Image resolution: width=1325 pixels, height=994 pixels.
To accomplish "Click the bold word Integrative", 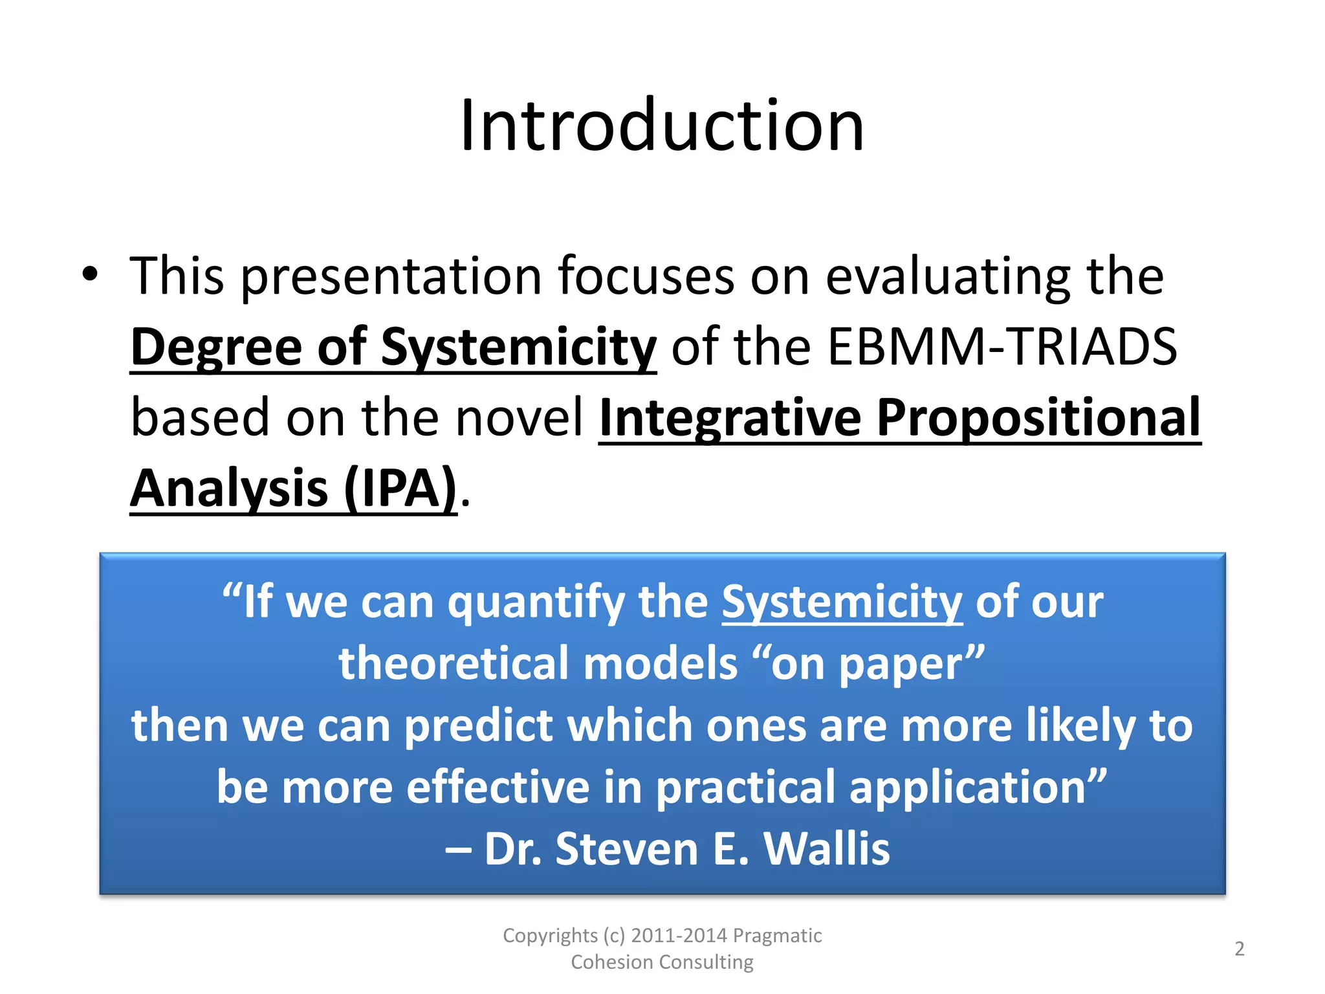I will (x=729, y=419).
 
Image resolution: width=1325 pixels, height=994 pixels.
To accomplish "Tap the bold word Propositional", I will (x=1038, y=419).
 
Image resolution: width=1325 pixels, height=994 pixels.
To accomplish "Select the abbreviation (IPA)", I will (x=400, y=489).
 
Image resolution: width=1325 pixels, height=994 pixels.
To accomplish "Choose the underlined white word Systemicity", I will (x=842, y=602).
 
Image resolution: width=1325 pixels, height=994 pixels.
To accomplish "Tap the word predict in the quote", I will (x=478, y=725).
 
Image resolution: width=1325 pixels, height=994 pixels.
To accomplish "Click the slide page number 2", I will (x=1239, y=949).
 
